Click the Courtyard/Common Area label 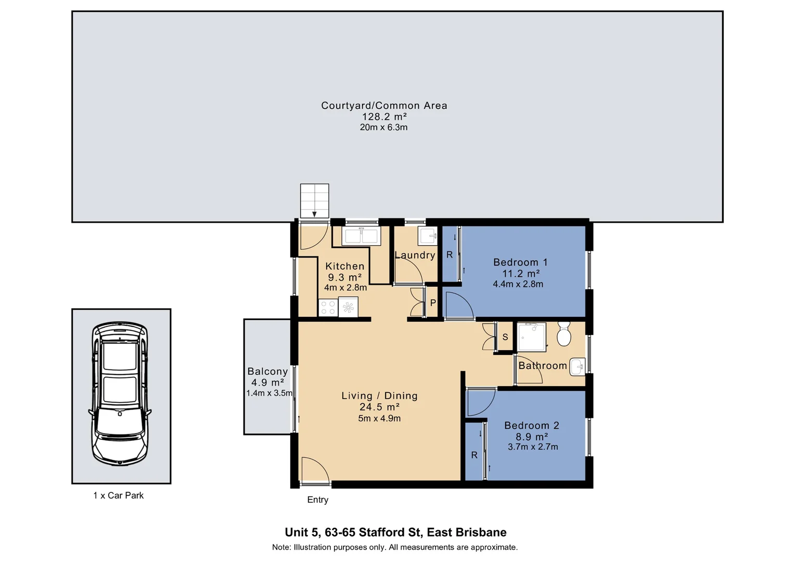tap(384, 106)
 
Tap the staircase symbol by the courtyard tap(314, 201)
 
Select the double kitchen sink tap(361, 236)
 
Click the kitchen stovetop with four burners tap(328, 307)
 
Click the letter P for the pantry tap(433, 303)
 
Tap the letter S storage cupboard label tap(505, 337)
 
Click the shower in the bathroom tap(531, 337)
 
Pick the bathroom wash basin tap(578, 367)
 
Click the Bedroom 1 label tap(520, 262)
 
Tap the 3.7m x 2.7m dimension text tap(533, 447)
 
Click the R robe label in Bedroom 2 tap(474, 455)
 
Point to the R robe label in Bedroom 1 tap(450, 255)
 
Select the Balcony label tap(267, 372)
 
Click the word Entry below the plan tap(317, 500)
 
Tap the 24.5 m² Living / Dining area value tap(379, 407)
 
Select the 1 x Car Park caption tap(118, 495)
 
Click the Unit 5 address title tap(395, 532)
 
